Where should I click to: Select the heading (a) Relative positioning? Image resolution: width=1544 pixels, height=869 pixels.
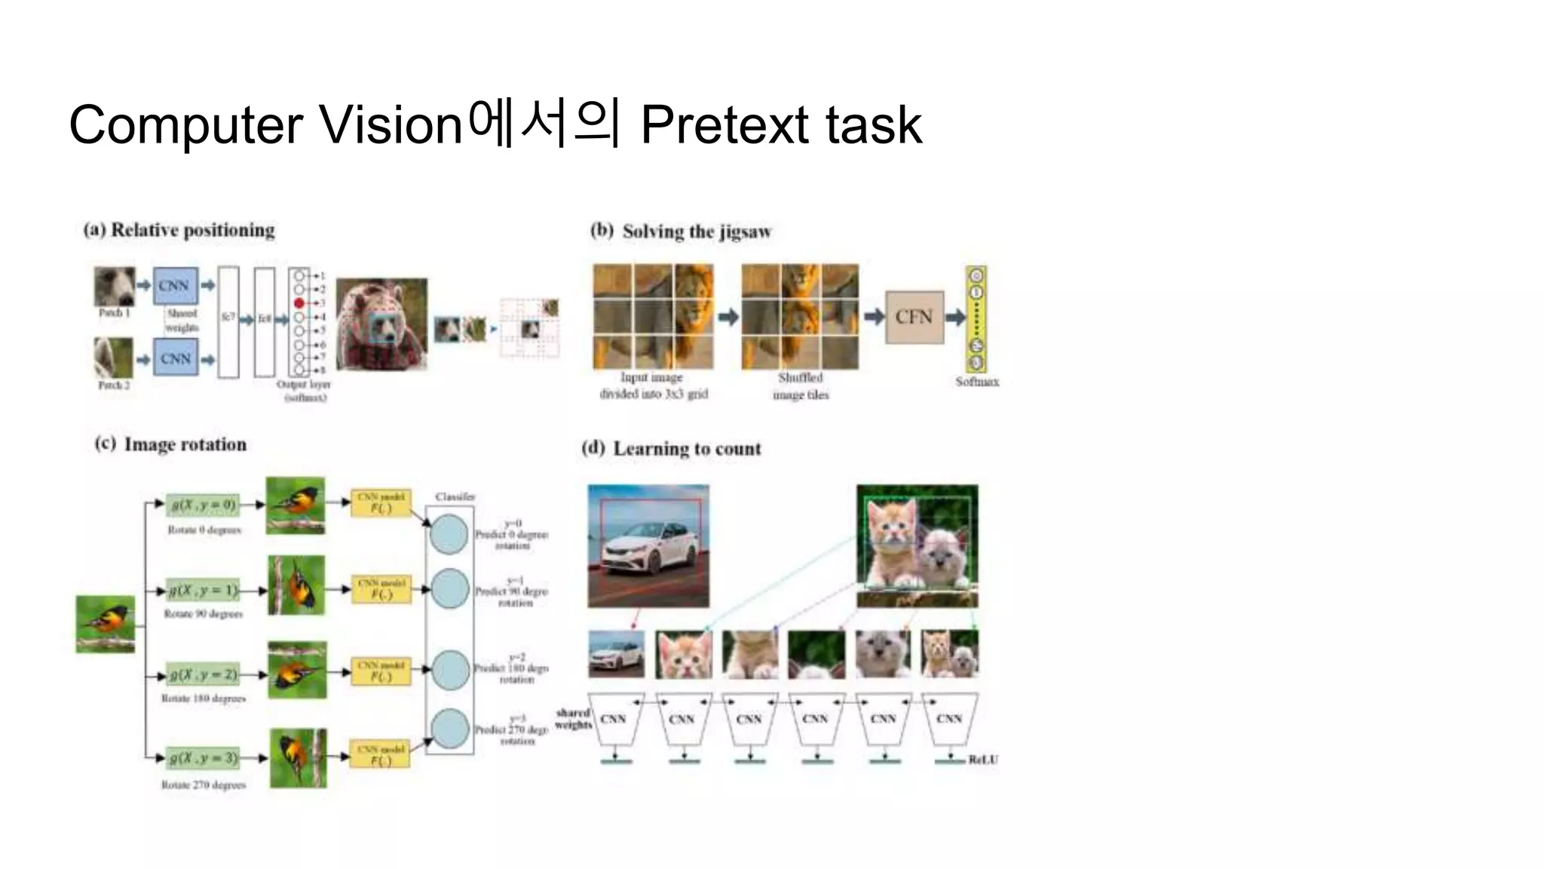pyautogui.click(x=179, y=230)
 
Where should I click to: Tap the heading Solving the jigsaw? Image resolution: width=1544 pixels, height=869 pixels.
pyautogui.click(x=696, y=232)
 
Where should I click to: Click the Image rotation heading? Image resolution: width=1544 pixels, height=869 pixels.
pyautogui.click(x=185, y=444)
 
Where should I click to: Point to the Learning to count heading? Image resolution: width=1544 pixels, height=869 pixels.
pyautogui.click(x=686, y=449)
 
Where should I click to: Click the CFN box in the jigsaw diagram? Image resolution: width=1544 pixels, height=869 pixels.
pyautogui.click(x=914, y=317)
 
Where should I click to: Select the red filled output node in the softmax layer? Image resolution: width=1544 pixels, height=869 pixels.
pyautogui.click(x=299, y=303)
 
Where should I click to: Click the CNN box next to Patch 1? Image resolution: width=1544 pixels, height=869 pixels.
pyautogui.click(x=175, y=286)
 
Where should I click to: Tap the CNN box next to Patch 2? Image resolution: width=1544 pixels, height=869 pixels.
pyautogui.click(x=175, y=358)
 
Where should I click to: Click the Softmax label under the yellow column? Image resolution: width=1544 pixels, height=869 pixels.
pyautogui.click(x=976, y=382)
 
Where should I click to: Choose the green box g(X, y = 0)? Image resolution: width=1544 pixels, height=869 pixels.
pyautogui.click(x=203, y=505)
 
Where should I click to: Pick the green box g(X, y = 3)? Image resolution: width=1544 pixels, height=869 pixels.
pyautogui.click(x=203, y=757)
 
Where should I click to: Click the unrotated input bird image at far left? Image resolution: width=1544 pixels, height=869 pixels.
pyautogui.click(x=106, y=624)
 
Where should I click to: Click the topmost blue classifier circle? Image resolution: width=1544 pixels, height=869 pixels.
pyautogui.click(x=449, y=534)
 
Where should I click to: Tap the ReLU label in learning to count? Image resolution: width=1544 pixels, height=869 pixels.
pyautogui.click(x=982, y=760)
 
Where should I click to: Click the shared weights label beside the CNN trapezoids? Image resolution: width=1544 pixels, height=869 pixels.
pyautogui.click(x=572, y=718)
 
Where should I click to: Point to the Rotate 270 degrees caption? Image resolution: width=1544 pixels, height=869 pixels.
pyautogui.click(x=204, y=785)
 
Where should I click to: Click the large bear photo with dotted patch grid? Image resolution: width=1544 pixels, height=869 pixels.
pyautogui.click(x=381, y=324)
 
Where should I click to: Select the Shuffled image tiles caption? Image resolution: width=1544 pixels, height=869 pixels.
pyautogui.click(x=800, y=386)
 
